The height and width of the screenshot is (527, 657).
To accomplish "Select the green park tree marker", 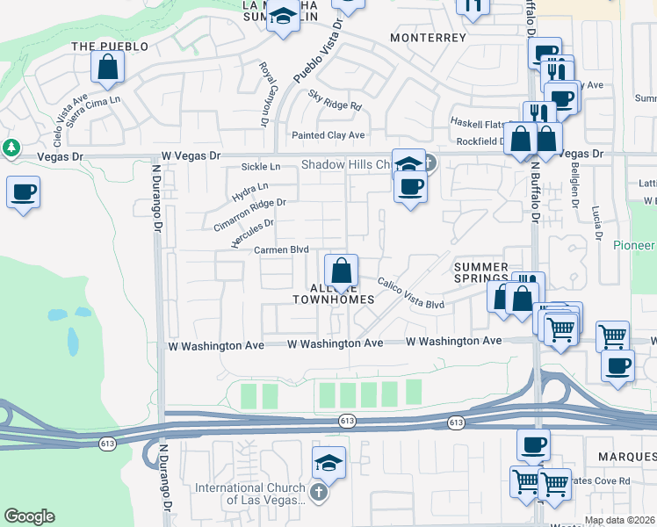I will point(11,148).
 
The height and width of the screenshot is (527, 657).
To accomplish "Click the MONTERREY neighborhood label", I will point(428,39).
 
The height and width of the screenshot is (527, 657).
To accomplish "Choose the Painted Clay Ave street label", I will point(328,135).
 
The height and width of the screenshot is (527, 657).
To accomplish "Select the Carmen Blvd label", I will point(281,249).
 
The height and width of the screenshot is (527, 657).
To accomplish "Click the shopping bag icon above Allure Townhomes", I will point(341,269).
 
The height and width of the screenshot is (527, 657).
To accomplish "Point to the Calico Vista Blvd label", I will point(410,293).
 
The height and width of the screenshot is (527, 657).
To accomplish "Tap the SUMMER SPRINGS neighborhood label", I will point(480,272).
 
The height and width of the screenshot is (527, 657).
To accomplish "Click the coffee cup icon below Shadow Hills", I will point(409,186).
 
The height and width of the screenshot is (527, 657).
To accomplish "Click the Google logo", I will point(29,516).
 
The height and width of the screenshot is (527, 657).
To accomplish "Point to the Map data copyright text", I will point(620,520).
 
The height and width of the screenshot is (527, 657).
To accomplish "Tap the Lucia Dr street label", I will point(596,224).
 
